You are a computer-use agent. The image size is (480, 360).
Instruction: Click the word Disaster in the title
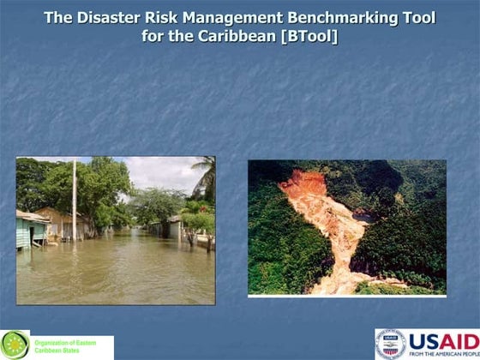coord(113,17)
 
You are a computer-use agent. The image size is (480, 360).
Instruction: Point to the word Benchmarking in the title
coord(347,17)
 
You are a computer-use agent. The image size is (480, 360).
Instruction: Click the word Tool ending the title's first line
coord(417,17)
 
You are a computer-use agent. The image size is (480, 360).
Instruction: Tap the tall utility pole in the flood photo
coord(74,201)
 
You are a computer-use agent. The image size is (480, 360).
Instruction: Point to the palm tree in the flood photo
coord(206,176)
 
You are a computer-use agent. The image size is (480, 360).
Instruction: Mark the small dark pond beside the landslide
coord(363,216)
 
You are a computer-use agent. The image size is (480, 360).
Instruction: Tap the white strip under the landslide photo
coord(347,295)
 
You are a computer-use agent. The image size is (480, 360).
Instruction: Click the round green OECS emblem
coord(15,345)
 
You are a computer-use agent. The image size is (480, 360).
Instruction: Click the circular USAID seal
coord(390,343)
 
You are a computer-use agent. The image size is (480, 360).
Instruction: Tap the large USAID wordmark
coord(442,339)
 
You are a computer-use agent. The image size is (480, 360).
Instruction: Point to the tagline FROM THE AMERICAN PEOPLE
coord(442,353)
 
